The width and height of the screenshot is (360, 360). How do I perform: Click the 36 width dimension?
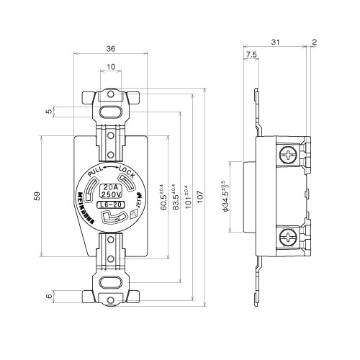(x=111, y=49)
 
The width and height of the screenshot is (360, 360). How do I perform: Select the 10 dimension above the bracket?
(x=111, y=66)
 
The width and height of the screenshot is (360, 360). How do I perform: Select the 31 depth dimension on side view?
(x=276, y=42)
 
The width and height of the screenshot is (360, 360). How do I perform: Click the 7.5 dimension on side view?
(x=251, y=54)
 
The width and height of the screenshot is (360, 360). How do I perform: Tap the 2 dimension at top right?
(x=315, y=42)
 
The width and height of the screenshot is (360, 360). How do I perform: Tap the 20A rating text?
(x=111, y=186)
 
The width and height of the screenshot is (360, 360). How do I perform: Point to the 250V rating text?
(x=111, y=194)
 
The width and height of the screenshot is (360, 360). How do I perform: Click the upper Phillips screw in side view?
(x=288, y=154)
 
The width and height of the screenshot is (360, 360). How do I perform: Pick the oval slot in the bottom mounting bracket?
(x=111, y=282)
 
